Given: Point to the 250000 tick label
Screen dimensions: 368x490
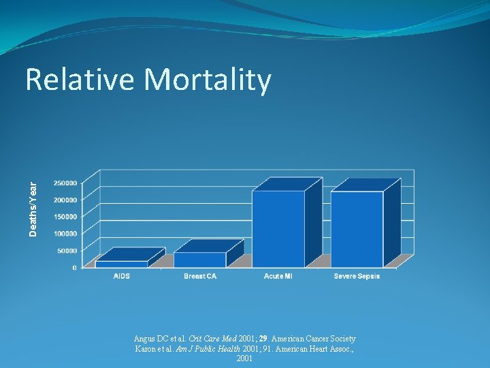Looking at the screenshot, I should point(65,183).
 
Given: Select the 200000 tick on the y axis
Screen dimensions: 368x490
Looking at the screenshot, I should point(65,200).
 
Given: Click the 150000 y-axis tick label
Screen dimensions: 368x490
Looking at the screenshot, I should point(65,217).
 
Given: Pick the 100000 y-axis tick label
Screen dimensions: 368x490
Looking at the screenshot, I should point(65,234).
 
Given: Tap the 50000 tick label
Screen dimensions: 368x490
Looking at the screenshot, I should point(67,251).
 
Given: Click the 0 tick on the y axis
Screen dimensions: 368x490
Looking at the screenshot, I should point(74,268).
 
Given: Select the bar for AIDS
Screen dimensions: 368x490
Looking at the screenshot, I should point(122,263).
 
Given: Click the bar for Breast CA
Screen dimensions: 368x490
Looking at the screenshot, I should point(200,259).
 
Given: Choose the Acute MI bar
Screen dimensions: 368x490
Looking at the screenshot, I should point(278,228).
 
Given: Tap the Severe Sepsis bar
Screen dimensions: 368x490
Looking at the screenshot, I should point(357,229).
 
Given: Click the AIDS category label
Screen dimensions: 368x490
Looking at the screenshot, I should point(122,276).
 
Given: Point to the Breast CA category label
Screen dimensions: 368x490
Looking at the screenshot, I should point(200,276).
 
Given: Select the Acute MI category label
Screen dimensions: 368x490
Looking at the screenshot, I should point(278,276).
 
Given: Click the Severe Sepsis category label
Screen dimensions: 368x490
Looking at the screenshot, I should point(357,276).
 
